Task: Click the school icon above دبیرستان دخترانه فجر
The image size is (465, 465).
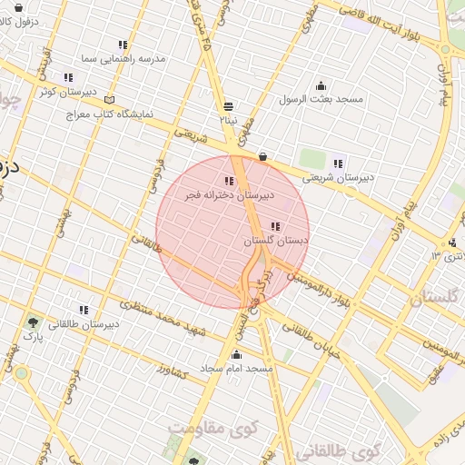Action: pos(227,181)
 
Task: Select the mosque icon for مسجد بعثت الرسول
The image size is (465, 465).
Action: pos(321,86)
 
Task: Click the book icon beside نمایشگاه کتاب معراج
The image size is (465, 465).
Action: pos(111,98)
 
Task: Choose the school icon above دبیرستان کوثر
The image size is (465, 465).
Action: pos(68,77)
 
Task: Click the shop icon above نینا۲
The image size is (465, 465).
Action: pos(227,105)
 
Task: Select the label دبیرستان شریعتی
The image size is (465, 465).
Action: pos(338,178)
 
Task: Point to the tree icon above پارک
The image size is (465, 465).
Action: pos(34,322)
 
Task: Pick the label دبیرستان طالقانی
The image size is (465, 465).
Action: pos(83,323)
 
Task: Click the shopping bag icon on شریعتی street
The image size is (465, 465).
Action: pos(262,156)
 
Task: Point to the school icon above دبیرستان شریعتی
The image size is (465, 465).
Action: pos(338,163)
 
